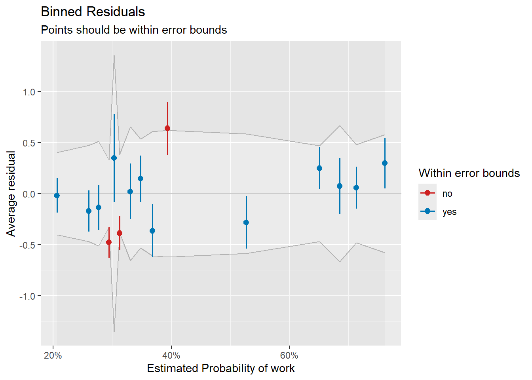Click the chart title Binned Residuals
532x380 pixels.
coord(93,12)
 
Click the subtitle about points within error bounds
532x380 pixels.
coord(134,30)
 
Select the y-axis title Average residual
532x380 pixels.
coord(11,194)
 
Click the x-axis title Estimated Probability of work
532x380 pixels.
coord(220,368)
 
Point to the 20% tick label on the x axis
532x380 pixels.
coord(53,355)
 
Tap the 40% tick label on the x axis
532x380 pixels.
coord(171,355)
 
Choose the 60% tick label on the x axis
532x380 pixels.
coord(289,355)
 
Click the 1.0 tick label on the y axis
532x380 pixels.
coord(29,92)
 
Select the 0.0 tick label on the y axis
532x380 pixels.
coord(29,194)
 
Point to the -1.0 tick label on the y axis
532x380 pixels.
coord(27,296)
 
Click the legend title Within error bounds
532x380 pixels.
coord(469,173)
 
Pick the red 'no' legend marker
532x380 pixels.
coord(427,193)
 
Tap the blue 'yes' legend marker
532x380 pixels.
coord(427,211)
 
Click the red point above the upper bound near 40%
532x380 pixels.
coord(167,128)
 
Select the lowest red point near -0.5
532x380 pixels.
coord(109,242)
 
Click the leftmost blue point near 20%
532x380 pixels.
coord(57,196)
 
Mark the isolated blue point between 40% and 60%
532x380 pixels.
coord(246,222)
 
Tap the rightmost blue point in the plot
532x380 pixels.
coord(385,163)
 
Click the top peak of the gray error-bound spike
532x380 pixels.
coord(114,55)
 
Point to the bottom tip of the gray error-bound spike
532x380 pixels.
coord(114,332)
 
